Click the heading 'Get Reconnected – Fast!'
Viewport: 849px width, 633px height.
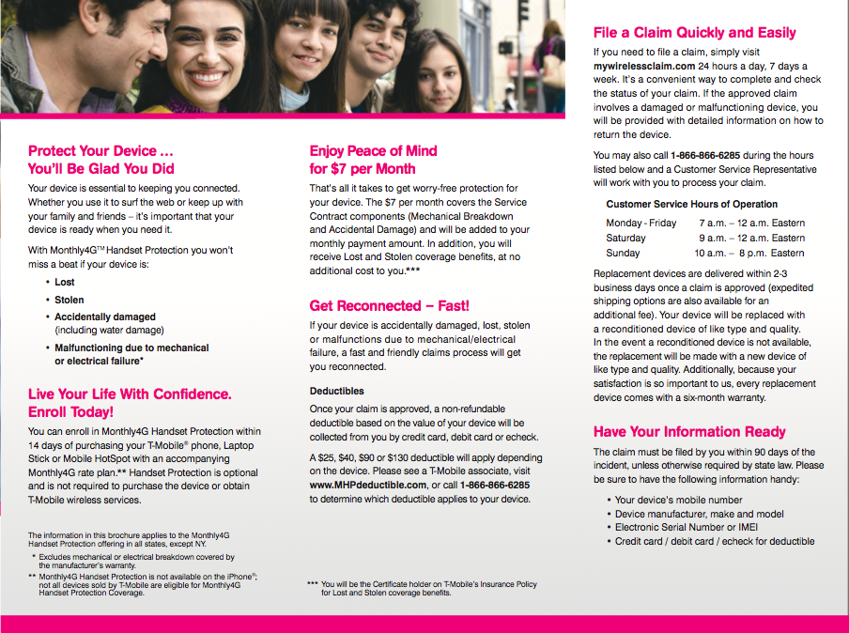point(389,305)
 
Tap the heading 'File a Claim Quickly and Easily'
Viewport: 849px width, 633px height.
point(694,33)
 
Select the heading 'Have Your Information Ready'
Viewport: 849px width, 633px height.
point(689,432)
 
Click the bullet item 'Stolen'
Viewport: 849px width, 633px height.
point(69,300)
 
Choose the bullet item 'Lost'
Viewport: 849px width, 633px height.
point(65,282)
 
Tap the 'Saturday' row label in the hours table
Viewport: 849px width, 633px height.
point(625,238)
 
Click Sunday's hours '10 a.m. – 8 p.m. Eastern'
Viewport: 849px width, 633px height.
point(749,253)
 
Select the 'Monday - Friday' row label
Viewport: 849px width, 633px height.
point(641,223)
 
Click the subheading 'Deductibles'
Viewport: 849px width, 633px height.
point(337,391)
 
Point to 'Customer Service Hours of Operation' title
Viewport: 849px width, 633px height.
point(691,204)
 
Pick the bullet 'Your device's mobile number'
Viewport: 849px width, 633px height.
point(678,500)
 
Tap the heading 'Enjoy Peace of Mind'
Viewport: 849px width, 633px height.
point(373,150)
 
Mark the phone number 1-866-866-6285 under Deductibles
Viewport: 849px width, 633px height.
point(495,485)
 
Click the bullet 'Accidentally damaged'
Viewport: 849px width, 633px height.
point(105,316)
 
